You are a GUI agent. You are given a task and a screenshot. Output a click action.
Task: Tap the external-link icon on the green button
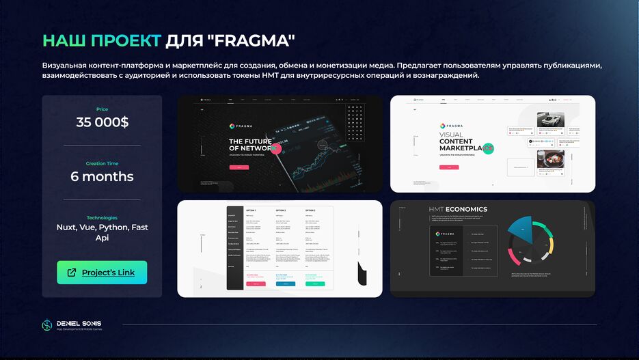[72, 273]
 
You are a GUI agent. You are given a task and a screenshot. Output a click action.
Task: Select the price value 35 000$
[102, 122]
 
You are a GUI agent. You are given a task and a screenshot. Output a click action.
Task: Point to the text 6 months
[102, 176]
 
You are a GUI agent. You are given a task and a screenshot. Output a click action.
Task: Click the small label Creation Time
[102, 163]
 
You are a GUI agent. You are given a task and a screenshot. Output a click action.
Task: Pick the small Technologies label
[102, 217]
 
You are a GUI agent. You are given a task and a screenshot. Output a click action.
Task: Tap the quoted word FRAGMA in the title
[251, 40]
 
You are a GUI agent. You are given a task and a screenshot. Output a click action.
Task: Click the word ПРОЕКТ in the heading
[128, 40]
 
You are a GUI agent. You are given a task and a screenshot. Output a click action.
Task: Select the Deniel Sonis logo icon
[47, 325]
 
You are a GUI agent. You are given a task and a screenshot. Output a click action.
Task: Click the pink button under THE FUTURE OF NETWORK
[239, 167]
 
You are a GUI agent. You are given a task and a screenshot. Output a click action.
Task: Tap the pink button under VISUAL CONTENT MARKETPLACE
[449, 167]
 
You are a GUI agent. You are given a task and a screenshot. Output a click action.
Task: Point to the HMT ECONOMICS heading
[457, 209]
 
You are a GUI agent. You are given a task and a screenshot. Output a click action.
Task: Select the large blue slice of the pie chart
[521, 229]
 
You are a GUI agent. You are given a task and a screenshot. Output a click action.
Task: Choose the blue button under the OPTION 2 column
[286, 283]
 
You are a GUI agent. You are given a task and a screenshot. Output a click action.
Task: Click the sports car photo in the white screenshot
[549, 119]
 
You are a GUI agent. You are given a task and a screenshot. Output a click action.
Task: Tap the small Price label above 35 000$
[102, 109]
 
